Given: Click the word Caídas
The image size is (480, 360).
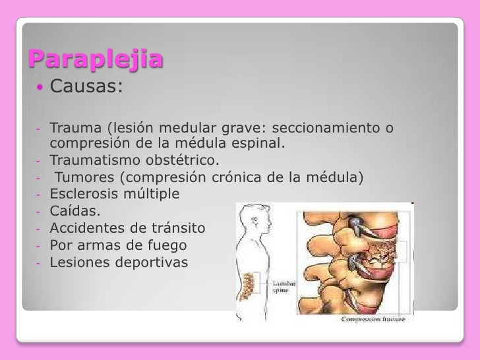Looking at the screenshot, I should (x=76, y=212).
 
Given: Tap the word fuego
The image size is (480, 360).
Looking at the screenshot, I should (x=168, y=246).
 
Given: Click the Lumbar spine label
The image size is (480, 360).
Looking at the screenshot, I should (x=283, y=286).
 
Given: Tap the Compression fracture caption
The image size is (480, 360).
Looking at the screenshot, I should (x=373, y=318).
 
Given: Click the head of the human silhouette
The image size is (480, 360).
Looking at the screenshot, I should (x=251, y=218).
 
